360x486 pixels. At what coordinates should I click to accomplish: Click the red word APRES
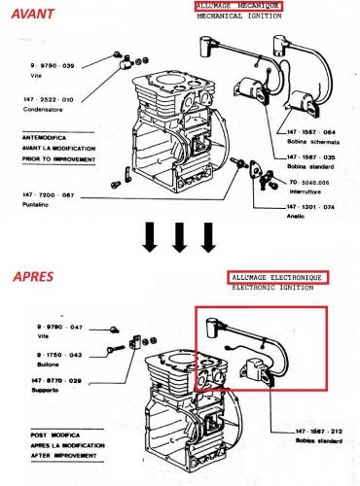(x=33, y=277)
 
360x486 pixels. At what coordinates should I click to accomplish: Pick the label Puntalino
(x=36, y=205)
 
